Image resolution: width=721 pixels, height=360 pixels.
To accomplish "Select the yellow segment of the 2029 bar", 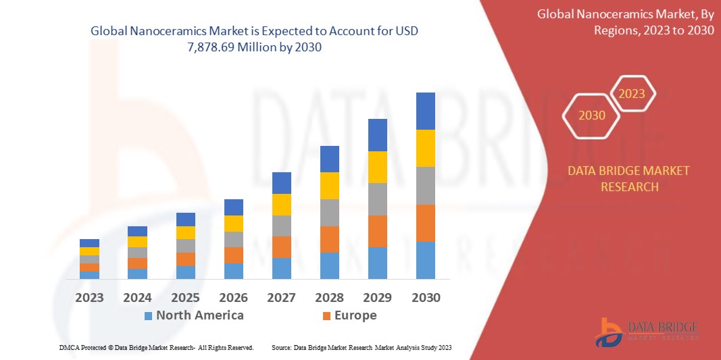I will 377,167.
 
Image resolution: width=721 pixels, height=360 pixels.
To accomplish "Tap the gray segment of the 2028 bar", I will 329,212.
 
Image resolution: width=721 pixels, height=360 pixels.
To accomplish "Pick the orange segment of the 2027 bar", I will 281,247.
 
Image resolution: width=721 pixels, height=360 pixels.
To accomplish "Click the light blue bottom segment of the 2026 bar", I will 233,271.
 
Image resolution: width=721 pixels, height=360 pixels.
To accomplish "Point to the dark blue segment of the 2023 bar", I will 89,242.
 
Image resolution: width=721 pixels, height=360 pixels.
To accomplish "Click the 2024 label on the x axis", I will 137,297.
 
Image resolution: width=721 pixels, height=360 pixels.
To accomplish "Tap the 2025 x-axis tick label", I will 185,297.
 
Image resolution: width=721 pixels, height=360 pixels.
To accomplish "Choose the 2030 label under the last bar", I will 425,297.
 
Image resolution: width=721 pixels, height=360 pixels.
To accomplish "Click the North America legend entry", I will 199,315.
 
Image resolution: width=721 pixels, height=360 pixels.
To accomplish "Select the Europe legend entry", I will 355,315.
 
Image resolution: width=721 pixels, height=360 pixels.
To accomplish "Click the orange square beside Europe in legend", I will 326,315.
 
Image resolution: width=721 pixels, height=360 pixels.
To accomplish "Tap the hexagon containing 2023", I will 632,94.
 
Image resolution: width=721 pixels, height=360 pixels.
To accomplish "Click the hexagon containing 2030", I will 592,115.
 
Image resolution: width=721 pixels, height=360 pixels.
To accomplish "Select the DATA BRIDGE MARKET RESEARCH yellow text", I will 629,178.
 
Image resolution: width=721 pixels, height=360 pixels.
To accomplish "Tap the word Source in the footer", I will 281,347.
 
